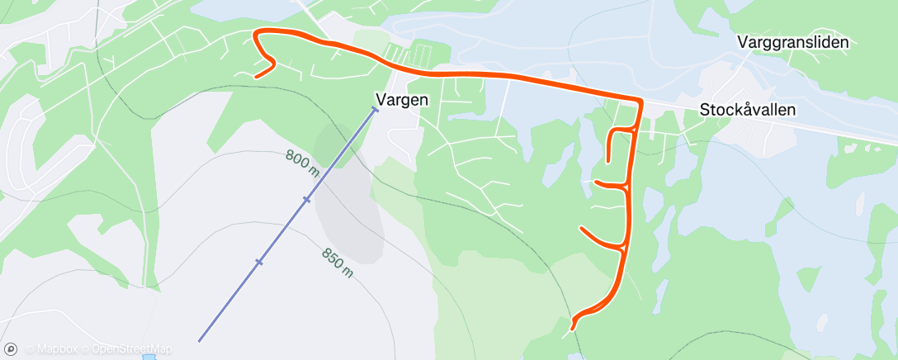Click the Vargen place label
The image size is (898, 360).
pyautogui.click(x=402, y=100)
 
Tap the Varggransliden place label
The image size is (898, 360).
pyautogui.click(x=793, y=42)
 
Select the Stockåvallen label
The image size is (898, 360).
pyautogui.click(x=748, y=109)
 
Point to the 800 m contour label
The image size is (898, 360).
pyautogui.click(x=303, y=161)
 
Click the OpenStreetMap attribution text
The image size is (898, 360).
pyautogui.click(x=132, y=348)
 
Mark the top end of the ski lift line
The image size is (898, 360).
pyautogui.click(x=375, y=109)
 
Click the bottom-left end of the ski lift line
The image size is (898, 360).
pyautogui.click(x=200, y=340)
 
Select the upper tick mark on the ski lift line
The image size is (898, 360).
pyautogui.click(x=306, y=199)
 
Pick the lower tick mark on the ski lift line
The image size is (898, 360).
pyautogui.click(x=258, y=262)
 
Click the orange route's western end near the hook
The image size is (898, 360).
pyautogui.click(x=256, y=77)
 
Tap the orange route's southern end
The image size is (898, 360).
pyautogui.click(x=572, y=328)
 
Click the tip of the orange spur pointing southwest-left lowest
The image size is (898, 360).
pyautogui.click(x=582, y=228)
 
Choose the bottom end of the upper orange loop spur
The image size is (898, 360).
pyautogui.click(x=608, y=160)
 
